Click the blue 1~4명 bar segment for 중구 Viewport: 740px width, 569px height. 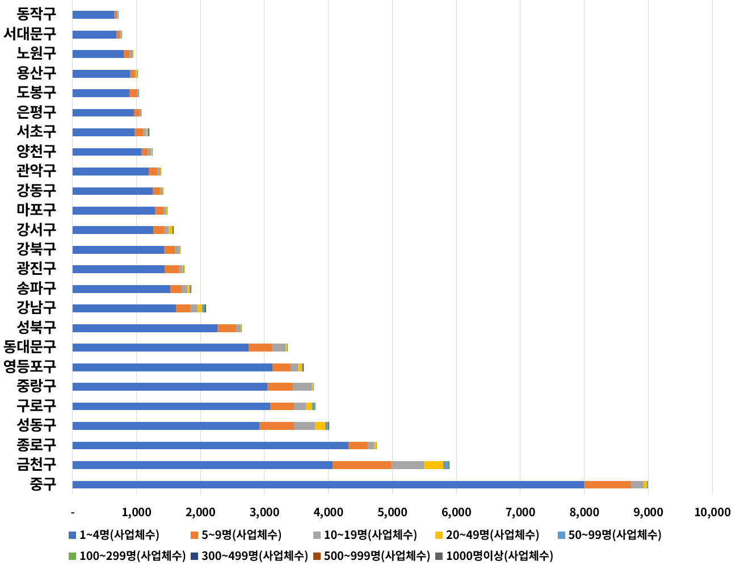click(328, 484)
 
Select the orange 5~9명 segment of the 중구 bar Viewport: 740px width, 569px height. click(607, 484)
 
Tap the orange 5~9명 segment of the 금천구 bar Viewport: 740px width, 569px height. click(361, 465)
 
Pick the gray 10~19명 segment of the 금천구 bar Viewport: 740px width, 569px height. click(407, 465)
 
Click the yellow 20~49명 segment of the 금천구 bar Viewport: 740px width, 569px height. click(433, 465)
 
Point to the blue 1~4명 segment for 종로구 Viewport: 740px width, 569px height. click(210, 445)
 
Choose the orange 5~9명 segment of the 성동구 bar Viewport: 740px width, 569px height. click(276, 426)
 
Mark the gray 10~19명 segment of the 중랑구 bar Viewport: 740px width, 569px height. click(302, 387)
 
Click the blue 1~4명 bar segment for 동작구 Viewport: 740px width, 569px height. click(93, 15)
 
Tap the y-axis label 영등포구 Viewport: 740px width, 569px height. click(30, 366)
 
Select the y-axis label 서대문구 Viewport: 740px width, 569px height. click(30, 34)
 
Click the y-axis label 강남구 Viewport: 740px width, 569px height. click(36, 308)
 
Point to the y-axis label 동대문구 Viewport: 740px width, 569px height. click(30, 346)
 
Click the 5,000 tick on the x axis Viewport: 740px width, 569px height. click(393, 512)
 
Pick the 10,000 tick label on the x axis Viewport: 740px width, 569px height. click(712, 512)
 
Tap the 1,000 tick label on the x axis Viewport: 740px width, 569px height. click(136, 512)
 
